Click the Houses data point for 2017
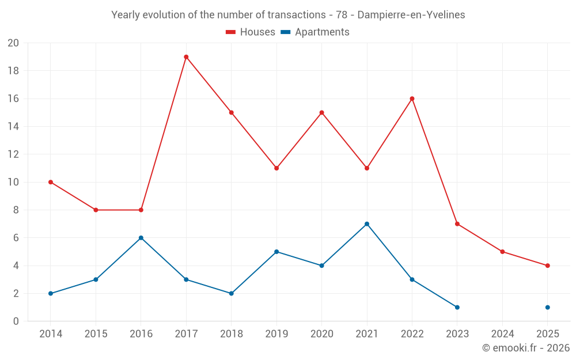(x=186, y=57)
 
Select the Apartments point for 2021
(x=367, y=224)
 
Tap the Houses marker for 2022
(x=412, y=98)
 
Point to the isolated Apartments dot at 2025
(x=548, y=308)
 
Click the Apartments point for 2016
(x=141, y=238)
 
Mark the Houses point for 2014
(x=51, y=182)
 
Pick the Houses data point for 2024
(x=502, y=252)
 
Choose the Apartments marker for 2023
(x=457, y=308)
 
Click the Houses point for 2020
(x=321, y=112)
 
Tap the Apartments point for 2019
(x=276, y=252)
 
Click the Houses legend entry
(x=251, y=32)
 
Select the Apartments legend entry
(x=315, y=32)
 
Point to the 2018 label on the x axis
(x=232, y=334)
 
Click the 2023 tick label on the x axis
(x=457, y=334)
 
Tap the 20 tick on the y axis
(x=13, y=43)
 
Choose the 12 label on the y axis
(x=13, y=154)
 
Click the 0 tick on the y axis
(x=16, y=321)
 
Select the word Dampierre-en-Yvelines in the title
(x=411, y=15)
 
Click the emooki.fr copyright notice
(x=526, y=348)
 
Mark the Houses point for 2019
(x=276, y=168)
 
